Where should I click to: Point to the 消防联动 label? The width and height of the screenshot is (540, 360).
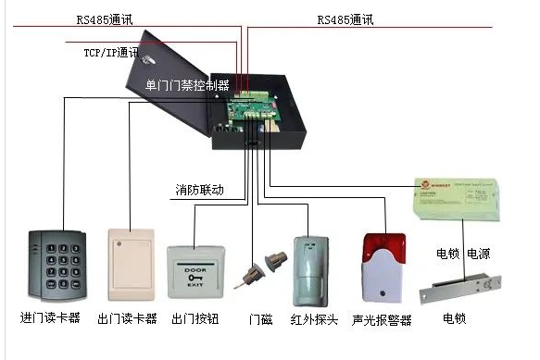coord(199,190)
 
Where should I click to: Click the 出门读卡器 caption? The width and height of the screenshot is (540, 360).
coord(127,318)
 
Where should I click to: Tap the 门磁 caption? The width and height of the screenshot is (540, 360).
coord(261,319)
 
